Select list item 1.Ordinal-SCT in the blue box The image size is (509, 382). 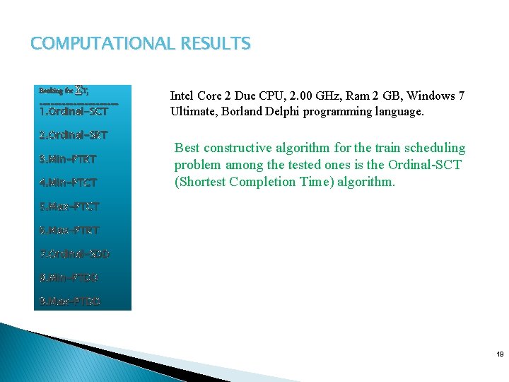tap(74, 111)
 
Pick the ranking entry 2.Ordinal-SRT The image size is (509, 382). tap(74, 134)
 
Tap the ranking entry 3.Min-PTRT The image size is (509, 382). tap(68, 158)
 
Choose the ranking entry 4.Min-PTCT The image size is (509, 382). tap(68, 183)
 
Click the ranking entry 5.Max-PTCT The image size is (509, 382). tap(69, 207)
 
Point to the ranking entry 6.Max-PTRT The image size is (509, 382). tap(69, 231)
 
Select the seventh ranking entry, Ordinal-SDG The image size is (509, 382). tap(75, 253)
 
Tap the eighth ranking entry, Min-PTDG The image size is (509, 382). tap(69, 277)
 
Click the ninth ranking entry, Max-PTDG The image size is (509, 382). tap(70, 301)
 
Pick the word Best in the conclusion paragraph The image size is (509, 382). tap(187, 149)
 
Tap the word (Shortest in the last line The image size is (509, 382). tap(201, 182)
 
